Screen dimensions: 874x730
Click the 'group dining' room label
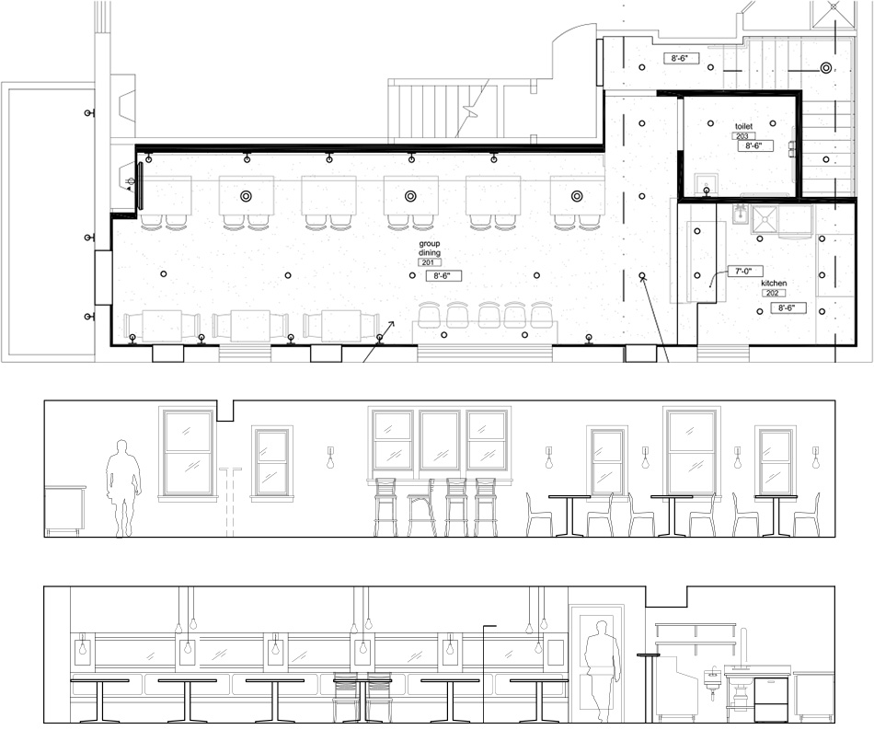[x=430, y=249]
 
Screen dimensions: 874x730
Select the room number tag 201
[x=429, y=262]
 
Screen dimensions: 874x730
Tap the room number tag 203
[x=743, y=136]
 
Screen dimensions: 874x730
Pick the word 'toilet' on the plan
[x=743, y=127]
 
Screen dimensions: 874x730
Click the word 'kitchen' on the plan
[x=774, y=284]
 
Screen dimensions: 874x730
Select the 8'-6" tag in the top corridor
[x=681, y=58]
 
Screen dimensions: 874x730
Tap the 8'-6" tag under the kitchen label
[x=788, y=307]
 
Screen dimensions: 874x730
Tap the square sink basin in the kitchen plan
[x=765, y=219]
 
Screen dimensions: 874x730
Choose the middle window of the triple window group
[x=441, y=441]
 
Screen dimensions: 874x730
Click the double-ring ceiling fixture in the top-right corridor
[x=825, y=68]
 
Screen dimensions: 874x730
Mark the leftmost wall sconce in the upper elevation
[x=330, y=457]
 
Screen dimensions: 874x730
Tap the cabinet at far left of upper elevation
[x=65, y=510]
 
